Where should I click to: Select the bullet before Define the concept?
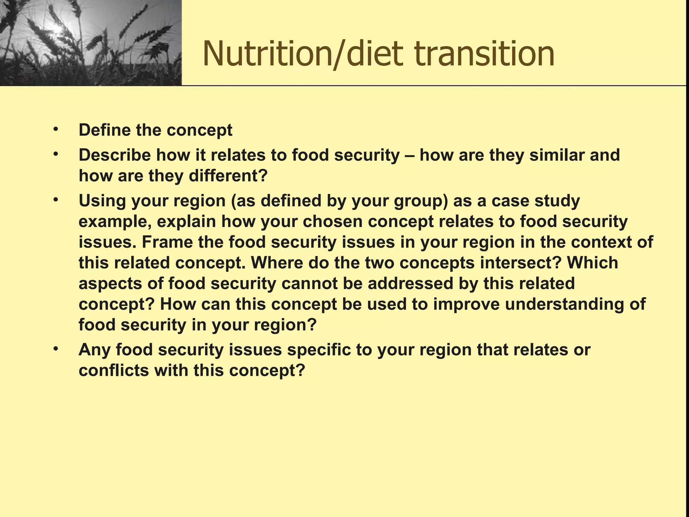coord(56,129)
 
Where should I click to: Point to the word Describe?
coord(114,155)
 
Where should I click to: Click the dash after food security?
coord(409,156)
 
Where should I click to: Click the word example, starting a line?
coord(115,222)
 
